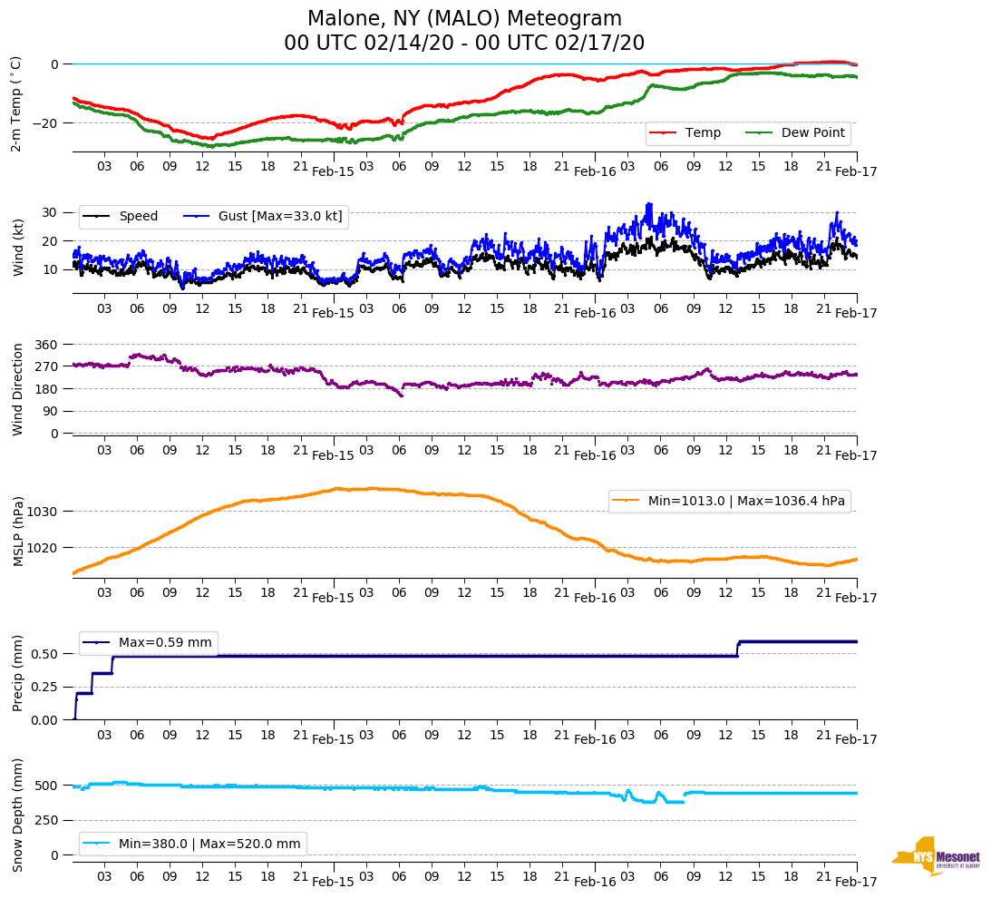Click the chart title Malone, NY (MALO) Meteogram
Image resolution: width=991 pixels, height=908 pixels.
pos(464,19)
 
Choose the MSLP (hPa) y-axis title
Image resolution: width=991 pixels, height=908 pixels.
pos(18,532)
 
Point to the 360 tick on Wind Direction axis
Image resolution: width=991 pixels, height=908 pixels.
pos(46,345)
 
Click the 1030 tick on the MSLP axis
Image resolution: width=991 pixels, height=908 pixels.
pos(43,512)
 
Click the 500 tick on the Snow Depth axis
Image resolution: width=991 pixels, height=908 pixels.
pos(46,786)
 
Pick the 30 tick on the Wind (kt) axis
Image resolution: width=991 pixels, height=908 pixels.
pos(51,212)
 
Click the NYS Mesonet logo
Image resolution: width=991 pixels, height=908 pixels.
pos(936,856)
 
